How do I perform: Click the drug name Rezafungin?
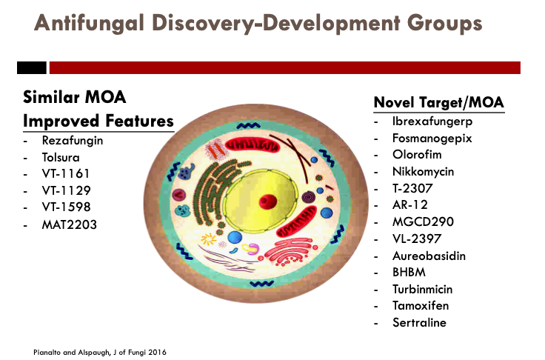tap(73, 141)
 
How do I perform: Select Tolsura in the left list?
tap(61, 158)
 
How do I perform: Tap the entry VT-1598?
tap(66, 207)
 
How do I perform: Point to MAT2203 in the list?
tap(69, 224)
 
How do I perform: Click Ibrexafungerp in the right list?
tap(432, 121)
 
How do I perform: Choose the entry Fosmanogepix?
tap(432, 139)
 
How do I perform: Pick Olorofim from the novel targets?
tap(417, 154)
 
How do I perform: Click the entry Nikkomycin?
tap(423, 172)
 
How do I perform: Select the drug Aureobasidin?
tap(429, 256)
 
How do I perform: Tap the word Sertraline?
tap(419, 322)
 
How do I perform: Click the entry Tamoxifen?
tap(421, 306)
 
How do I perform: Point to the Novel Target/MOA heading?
tap(438, 103)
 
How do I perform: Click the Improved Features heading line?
tap(98, 121)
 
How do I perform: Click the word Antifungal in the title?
tap(89, 24)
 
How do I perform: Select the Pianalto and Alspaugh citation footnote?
tap(100, 353)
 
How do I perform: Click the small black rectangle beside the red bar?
tap(32, 68)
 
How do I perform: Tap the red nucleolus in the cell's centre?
tap(267, 201)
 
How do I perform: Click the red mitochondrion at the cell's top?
tap(253, 144)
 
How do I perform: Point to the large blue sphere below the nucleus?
tap(235, 238)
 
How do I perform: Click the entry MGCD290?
tap(423, 222)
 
